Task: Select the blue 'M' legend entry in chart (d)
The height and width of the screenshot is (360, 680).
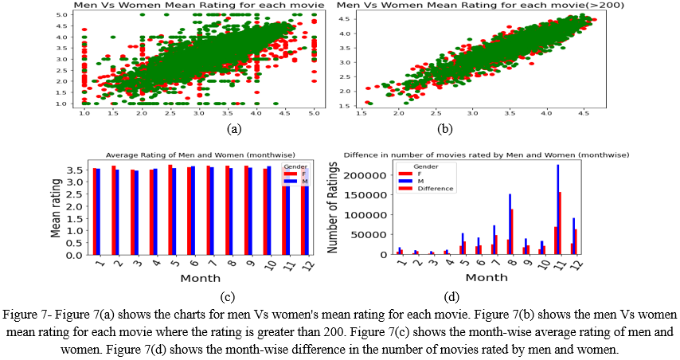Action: pyautogui.click(x=415, y=181)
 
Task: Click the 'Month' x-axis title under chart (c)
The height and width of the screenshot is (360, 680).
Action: pyautogui.click(x=196, y=277)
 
